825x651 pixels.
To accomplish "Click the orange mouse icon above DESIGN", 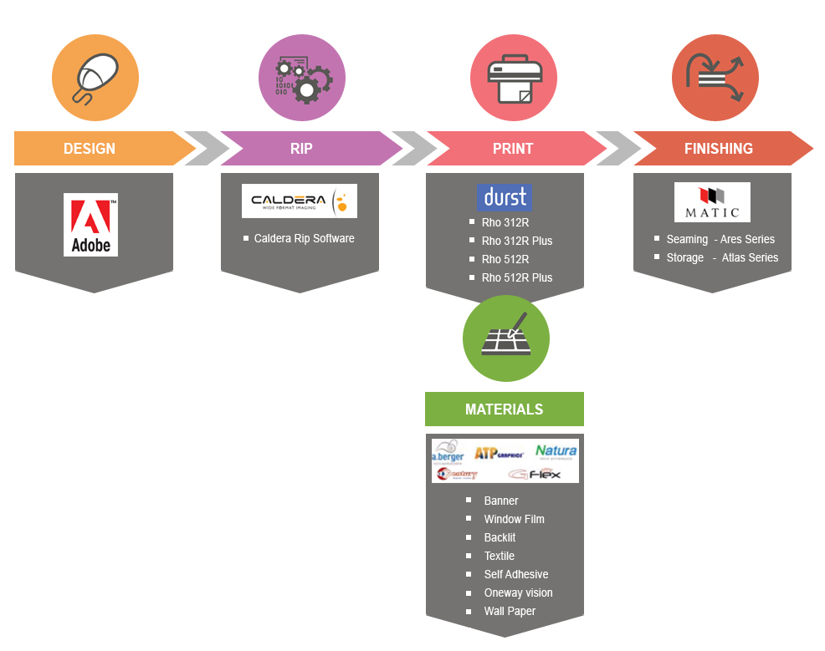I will tap(95, 78).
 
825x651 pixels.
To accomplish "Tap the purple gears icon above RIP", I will tap(301, 78).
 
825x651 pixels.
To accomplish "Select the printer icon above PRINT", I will tap(513, 78).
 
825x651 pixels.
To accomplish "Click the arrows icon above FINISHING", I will tap(715, 78).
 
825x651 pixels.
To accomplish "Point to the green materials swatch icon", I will tap(505, 338).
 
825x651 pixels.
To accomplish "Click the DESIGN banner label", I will tap(90, 149).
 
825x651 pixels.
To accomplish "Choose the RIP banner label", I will tap(301, 149).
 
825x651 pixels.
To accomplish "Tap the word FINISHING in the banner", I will tap(718, 149).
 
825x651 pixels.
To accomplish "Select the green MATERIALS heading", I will tap(504, 409).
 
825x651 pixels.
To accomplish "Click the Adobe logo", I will tap(90, 224).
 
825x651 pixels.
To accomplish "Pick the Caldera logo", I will tap(299, 201).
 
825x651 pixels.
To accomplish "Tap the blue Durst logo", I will tap(504, 197).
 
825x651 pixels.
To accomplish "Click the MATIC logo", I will tap(712, 202).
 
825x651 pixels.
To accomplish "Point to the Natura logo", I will tap(556, 452).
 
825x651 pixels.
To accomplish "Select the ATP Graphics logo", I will tap(499, 453).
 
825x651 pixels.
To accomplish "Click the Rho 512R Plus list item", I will tap(516, 277).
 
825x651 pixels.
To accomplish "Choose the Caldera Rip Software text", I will tap(304, 238).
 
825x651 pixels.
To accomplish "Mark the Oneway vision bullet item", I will tap(518, 593).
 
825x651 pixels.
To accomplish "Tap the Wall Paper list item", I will tap(510, 611).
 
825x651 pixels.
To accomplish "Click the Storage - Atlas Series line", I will tap(721, 257).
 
